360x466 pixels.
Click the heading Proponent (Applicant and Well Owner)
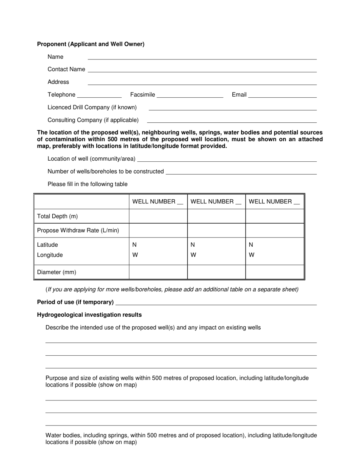[x=91, y=44]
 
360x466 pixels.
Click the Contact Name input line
[x=202, y=70]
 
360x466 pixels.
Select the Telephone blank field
[x=99, y=95]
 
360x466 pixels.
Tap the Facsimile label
[x=142, y=95]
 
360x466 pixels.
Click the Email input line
[x=282, y=95]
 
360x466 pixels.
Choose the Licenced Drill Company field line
[x=232, y=108]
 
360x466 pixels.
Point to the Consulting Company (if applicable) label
[x=93, y=120]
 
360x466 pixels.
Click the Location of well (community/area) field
[x=227, y=159]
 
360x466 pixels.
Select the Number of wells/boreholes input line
[x=241, y=172]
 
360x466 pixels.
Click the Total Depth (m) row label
[x=58, y=216]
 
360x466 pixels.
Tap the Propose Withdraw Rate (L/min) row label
[x=78, y=230]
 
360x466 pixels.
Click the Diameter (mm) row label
[x=56, y=272]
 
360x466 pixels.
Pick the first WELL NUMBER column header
[x=158, y=202]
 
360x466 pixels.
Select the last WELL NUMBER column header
[x=274, y=202]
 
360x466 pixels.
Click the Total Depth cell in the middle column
[x=216, y=216]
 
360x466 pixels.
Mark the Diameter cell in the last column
[x=275, y=272]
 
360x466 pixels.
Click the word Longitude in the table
[x=50, y=255]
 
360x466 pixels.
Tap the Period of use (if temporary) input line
[x=216, y=302]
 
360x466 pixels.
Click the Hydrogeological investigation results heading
[x=89, y=315]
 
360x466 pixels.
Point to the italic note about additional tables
[x=172, y=289]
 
